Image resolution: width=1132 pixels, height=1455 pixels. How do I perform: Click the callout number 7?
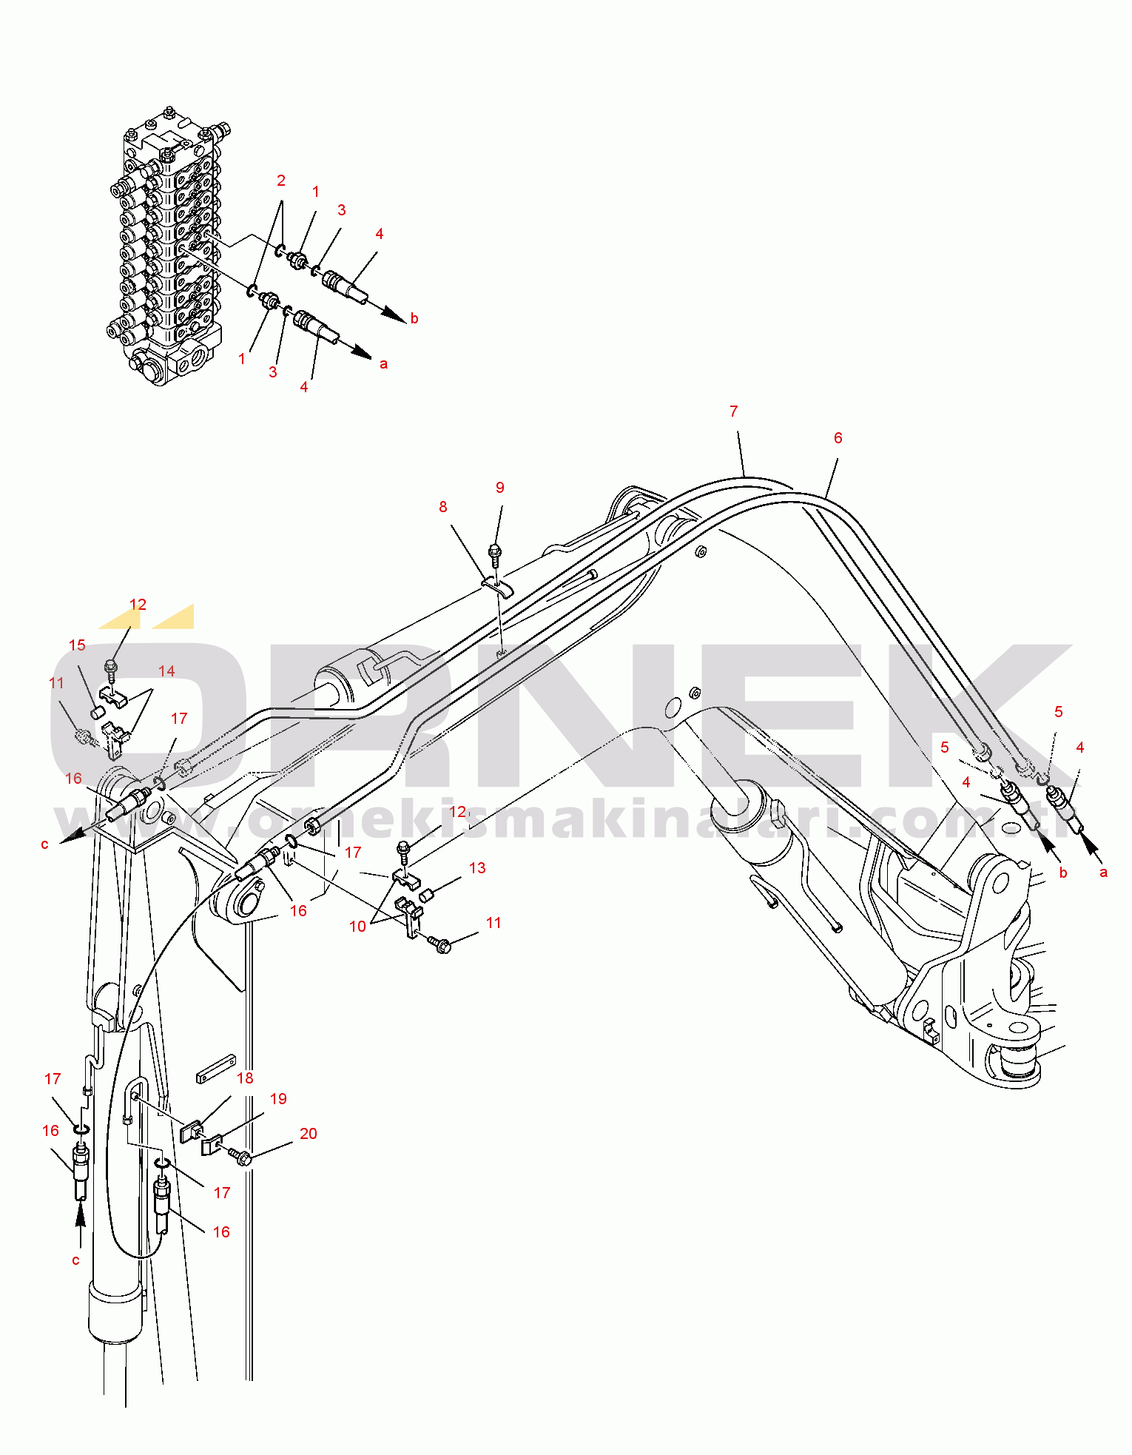pos(733,411)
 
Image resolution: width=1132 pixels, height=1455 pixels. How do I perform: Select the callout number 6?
pos(838,438)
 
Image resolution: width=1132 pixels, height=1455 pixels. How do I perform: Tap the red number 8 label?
pos(442,507)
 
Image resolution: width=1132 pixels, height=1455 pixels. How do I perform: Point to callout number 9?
pos(499,488)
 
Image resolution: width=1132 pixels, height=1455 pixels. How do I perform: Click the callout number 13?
pos(477,868)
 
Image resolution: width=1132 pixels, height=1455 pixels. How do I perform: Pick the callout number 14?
pos(166,671)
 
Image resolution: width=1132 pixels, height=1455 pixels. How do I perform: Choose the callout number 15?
pos(77,645)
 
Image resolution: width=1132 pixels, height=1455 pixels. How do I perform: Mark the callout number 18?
pos(245,1078)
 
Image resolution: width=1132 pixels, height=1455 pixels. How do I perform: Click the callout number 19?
pos(278,1099)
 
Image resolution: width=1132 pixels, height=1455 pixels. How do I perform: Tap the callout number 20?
pos(308,1134)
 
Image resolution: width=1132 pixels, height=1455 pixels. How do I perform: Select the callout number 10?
pos(357,927)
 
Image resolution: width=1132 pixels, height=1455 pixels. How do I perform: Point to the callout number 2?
pos(281,181)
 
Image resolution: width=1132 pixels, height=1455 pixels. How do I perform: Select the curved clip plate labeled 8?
pos(498,588)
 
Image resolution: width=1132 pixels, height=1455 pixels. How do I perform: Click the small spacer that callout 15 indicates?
pos(95,713)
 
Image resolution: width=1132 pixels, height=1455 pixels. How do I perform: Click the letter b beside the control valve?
pos(414,318)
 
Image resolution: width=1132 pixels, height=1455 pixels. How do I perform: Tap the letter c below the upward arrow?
pos(75,1260)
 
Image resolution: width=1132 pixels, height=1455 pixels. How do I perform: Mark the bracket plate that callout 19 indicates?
pos(212,1145)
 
